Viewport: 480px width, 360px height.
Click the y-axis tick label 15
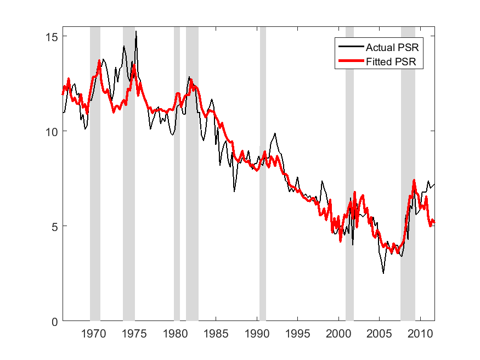click(x=52, y=36)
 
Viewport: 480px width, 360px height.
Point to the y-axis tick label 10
click(x=52, y=131)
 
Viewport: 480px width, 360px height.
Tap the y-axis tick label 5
click(x=55, y=226)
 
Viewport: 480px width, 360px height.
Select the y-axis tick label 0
click(x=55, y=322)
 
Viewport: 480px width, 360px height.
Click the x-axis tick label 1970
click(x=93, y=334)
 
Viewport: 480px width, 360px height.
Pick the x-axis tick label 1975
click(x=134, y=334)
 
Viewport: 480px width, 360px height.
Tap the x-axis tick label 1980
click(x=175, y=334)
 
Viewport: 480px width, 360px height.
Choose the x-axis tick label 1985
click(x=216, y=334)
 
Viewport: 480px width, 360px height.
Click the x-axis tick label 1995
click(x=297, y=334)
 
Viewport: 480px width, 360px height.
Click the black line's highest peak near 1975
click(x=136, y=32)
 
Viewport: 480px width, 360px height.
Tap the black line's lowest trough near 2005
click(x=383, y=273)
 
